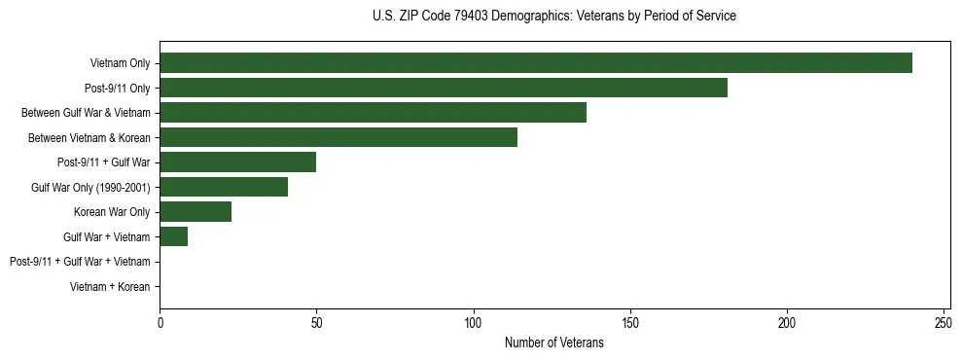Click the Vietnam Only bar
536,63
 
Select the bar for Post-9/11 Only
444,89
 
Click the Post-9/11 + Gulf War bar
238,162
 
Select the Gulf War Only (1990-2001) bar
224,187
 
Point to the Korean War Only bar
196,212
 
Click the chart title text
554,17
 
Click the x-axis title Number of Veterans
554,343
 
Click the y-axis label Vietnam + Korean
110,287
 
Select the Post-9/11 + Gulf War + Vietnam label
80,262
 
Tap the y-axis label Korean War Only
112,212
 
